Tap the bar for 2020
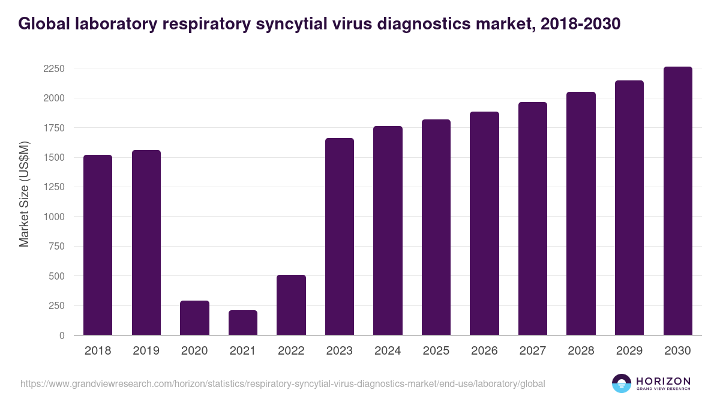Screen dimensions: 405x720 point(194,318)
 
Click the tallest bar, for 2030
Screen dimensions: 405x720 point(677,201)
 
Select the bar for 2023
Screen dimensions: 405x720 point(340,236)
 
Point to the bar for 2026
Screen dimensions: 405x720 point(484,223)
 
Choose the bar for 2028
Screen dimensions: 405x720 point(581,214)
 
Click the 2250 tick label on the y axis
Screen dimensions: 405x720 point(53,68)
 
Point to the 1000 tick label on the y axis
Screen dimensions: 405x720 point(53,217)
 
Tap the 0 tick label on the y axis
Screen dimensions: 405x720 point(62,336)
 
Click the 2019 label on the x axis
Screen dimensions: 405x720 point(146,351)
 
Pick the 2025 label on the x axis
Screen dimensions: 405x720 point(436,351)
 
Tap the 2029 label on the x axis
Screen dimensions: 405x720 point(629,351)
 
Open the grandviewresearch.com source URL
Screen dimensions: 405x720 point(283,383)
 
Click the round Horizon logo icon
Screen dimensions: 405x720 point(622,383)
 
